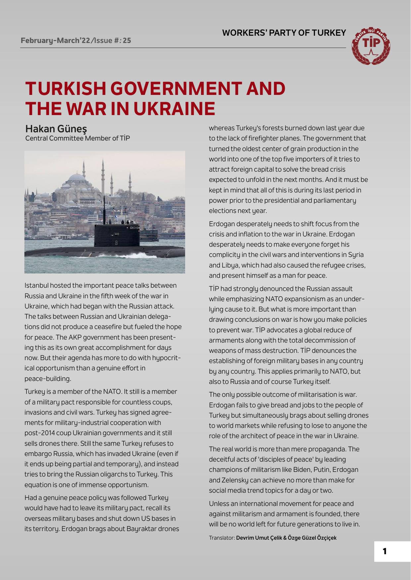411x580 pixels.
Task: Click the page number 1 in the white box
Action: [x=385, y=551]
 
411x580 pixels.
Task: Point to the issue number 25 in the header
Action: [x=127, y=41]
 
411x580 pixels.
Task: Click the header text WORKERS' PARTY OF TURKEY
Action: [x=284, y=33]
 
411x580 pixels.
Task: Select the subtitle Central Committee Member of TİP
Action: [x=77, y=138]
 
